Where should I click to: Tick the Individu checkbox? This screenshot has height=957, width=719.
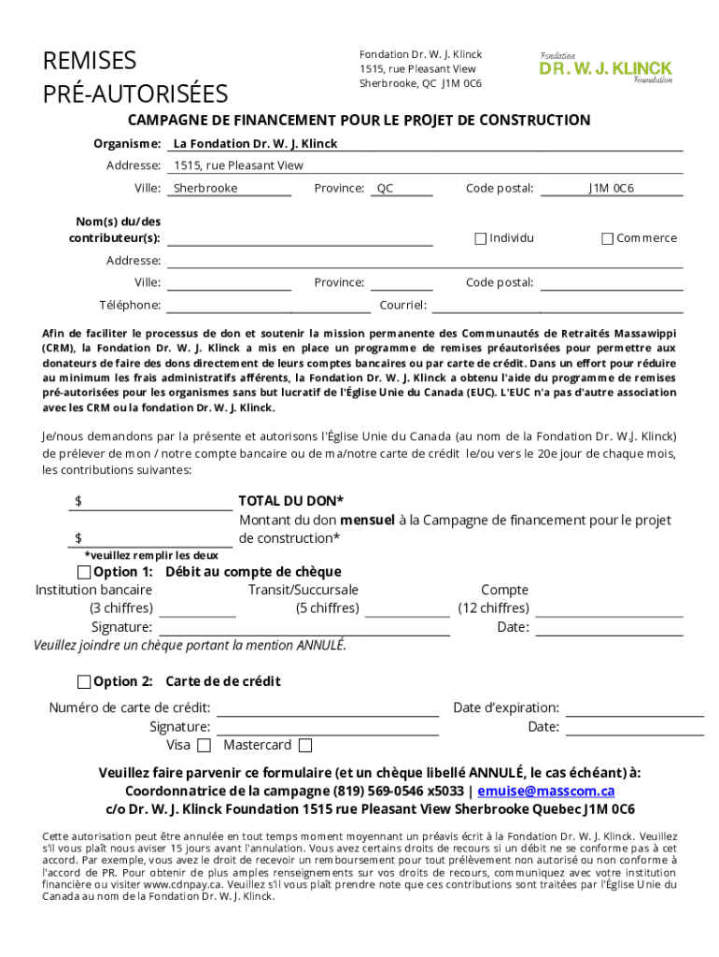tap(481, 238)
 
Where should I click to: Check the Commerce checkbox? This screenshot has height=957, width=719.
tap(607, 238)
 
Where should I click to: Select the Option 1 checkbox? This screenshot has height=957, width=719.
tap(84, 572)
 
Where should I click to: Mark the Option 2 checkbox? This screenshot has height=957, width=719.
tap(84, 681)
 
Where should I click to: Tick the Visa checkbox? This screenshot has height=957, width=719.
tap(204, 746)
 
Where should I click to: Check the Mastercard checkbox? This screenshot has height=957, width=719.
tap(304, 746)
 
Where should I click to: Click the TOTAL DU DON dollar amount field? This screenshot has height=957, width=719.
tap(154, 502)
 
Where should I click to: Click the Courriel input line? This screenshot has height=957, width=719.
tap(557, 305)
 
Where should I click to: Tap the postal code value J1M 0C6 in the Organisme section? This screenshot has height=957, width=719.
tap(611, 188)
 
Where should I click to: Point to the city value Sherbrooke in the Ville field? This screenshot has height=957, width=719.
tap(205, 188)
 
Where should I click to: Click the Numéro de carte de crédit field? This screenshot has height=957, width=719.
tap(328, 708)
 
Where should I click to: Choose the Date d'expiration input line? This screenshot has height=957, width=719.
tap(634, 708)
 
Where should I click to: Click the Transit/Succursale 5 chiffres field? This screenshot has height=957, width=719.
tap(407, 609)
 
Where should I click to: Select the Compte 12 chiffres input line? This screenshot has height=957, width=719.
tap(608, 609)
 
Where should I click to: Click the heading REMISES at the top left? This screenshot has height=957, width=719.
tap(90, 62)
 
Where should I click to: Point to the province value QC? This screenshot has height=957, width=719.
tap(385, 188)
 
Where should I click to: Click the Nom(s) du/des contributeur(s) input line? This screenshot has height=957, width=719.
tap(299, 238)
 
